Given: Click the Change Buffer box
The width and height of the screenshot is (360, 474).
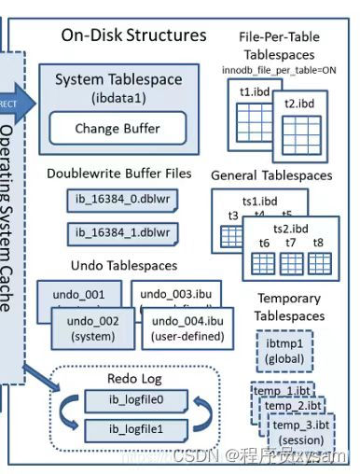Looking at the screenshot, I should tap(116, 129).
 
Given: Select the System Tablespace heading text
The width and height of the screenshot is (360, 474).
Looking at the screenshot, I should tap(118, 79).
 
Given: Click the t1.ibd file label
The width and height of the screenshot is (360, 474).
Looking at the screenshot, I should tap(250, 92).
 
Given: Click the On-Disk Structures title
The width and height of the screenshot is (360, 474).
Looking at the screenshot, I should tap(133, 35).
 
